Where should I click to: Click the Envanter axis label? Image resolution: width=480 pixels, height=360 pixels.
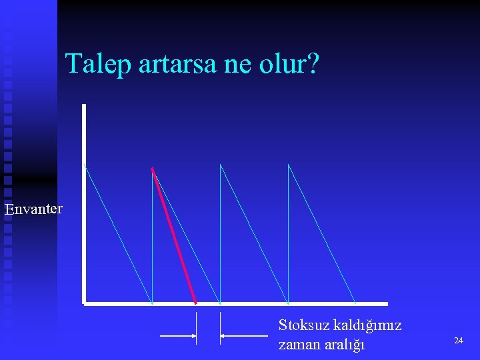click(x=34, y=209)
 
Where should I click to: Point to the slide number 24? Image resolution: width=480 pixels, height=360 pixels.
click(x=458, y=341)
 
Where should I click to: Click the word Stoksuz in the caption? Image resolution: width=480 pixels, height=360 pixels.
click(x=303, y=325)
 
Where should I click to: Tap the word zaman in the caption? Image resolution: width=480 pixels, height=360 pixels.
click(x=297, y=344)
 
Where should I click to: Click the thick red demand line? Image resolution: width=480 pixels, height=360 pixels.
click(x=174, y=235)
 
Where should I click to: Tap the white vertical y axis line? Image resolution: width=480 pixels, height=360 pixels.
click(x=84, y=200)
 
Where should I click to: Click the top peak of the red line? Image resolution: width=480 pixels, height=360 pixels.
click(x=153, y=167)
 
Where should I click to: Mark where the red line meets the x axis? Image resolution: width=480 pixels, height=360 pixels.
click(x=196, y=303)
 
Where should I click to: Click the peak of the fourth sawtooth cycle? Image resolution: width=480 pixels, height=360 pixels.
click(x=289, y=164)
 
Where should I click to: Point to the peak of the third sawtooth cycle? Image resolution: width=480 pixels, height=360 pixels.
click(x=221, y=164)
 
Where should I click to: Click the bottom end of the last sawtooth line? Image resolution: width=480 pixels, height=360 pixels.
click(x=356, y=303)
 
